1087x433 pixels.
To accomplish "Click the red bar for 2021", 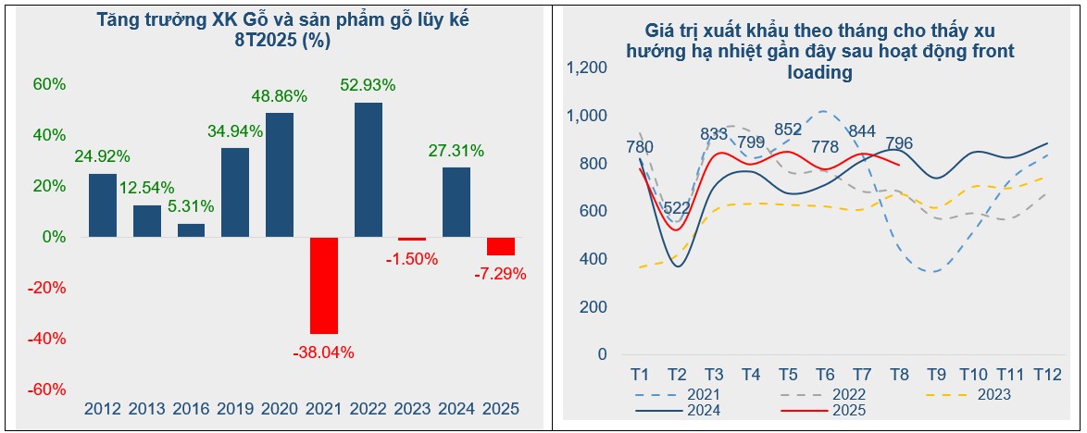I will tap(324, 285).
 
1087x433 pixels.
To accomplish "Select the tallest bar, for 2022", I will tap(369, 169).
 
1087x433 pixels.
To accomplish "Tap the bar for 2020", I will tap(280, 175).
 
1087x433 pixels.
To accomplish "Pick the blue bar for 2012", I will tap(103, 205).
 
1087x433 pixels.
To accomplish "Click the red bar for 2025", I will tap(501, 246).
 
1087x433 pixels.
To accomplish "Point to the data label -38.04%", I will tap(323, 352).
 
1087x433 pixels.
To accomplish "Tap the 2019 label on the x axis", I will tap(234, 408).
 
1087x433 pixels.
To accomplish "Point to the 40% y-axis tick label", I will tap(50, 135).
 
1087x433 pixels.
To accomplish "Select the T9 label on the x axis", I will tap(937, 375).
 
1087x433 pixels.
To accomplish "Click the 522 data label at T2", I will tap(677, 207).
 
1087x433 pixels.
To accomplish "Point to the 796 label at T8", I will tap(899, 143).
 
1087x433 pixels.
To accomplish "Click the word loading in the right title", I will tap(819, 73).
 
